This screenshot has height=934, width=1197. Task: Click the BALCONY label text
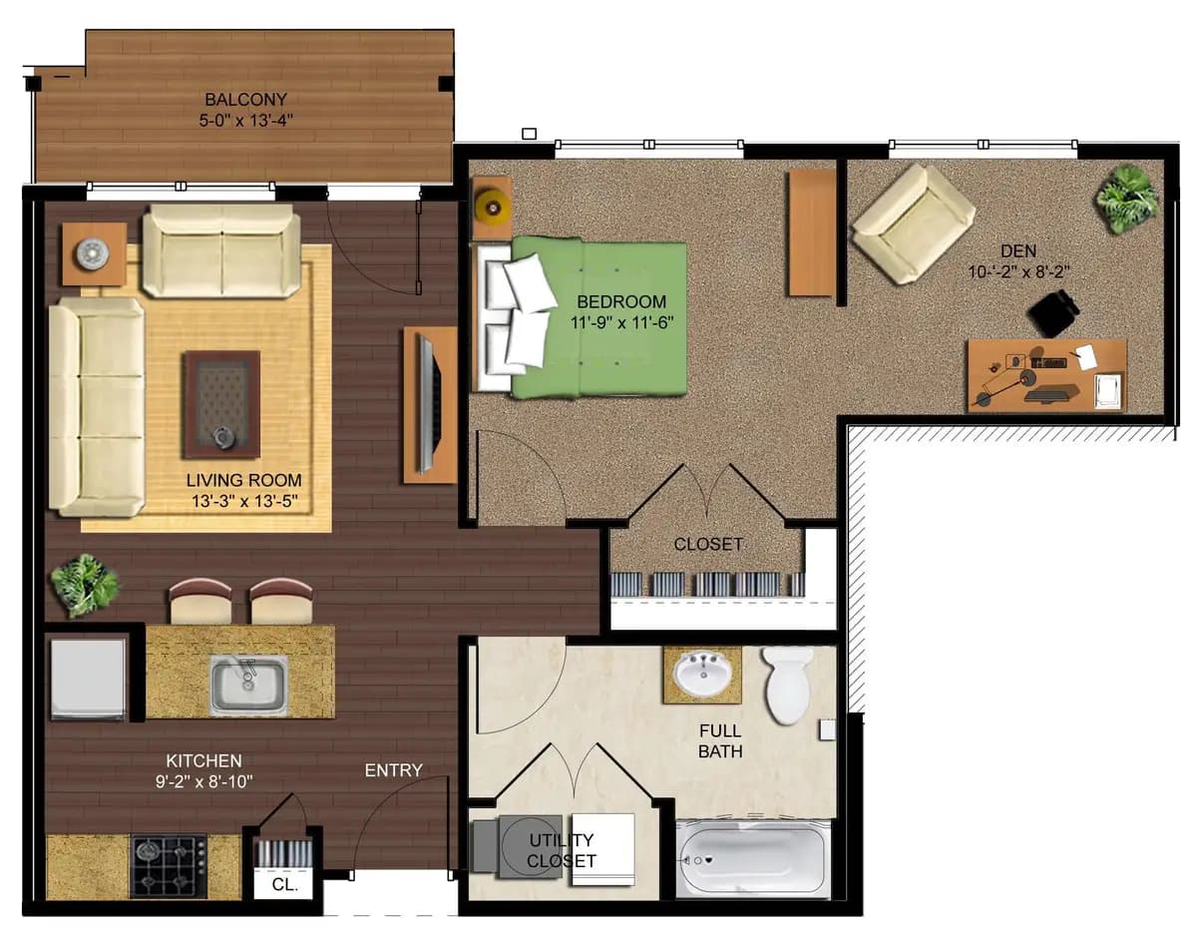coord(245,100)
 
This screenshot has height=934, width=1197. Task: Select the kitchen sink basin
coord(248,684)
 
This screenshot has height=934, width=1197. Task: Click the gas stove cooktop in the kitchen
coord(169,865)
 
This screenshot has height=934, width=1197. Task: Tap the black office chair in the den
coord(1053,313)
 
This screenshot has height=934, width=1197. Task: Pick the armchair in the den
coord(913,223)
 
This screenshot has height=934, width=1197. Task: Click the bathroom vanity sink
coord(703,676)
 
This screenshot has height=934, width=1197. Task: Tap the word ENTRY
coord(393,770)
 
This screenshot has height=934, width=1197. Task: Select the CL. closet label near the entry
coord(285,884)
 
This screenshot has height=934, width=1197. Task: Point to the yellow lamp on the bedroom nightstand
coord(491,207)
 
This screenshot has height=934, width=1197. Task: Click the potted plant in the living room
coord(85,584)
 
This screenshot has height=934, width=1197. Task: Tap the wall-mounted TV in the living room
coord(426,403)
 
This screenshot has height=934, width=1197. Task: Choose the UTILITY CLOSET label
coord(561,850)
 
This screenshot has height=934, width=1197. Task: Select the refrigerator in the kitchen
coord(89,677)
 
